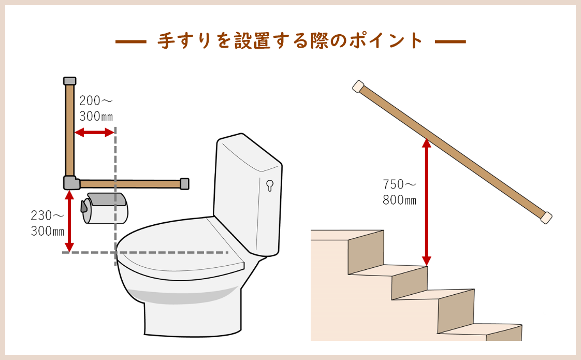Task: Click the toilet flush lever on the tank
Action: pyautogui.click(x=270, y=185)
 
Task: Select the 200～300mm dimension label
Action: pyautogui.click(x=96, y=108)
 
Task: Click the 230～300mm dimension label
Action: pyautogui.click(x=48, y=223)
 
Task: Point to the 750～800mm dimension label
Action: pyautogui.click(x=399, y=192)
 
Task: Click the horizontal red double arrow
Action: pyautogui.click(x=94, y=133)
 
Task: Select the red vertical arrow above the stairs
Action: pyautogui.click(x=427, y=202)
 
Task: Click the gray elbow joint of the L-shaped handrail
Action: pyautogui.click(x=71, y=183)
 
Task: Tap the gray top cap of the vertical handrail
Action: pyautogui.click(x=70, y=81)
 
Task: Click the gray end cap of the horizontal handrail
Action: pyautogui.click(x=184, y=184)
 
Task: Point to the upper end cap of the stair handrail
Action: pyautogui.click(x=358, y=87)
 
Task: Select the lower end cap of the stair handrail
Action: pyautogui.click(x=546, y=217)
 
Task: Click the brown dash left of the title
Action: pyautogui.click(x=131, y=41)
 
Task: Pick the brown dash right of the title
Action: pyautogui.click(x=450, y=41)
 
